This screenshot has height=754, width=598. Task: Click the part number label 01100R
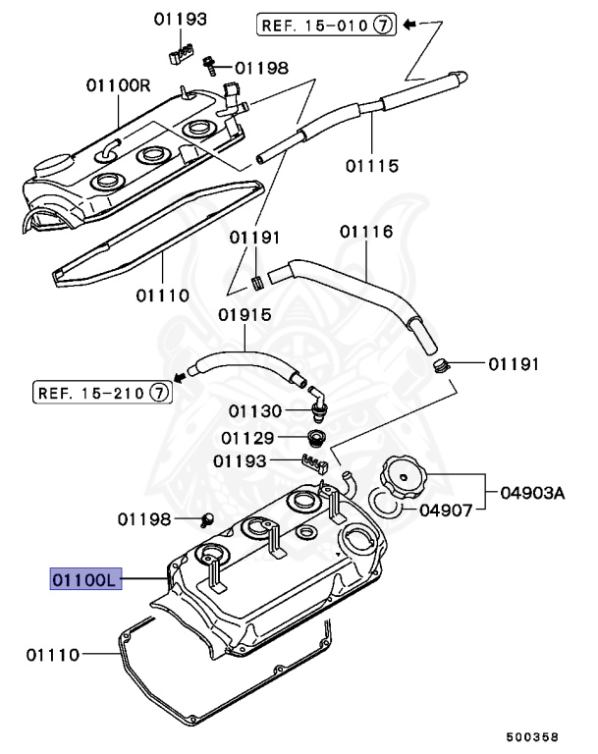point(118,85)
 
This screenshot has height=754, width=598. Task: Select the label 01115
point(371,166)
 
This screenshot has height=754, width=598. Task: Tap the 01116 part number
point(366,232)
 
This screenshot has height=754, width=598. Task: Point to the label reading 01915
point(245,315)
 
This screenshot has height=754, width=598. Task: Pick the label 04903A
point(535,494)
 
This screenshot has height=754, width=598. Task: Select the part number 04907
point(447,510)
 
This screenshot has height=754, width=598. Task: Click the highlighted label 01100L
point(85,579)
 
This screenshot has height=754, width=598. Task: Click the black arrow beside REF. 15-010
point(409,23)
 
